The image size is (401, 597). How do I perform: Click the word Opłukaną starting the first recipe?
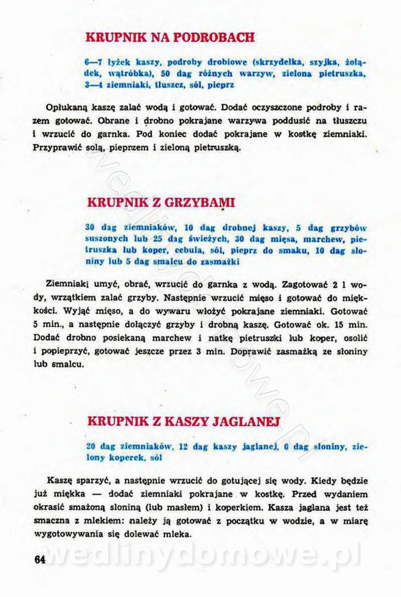(x=67, y=107)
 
